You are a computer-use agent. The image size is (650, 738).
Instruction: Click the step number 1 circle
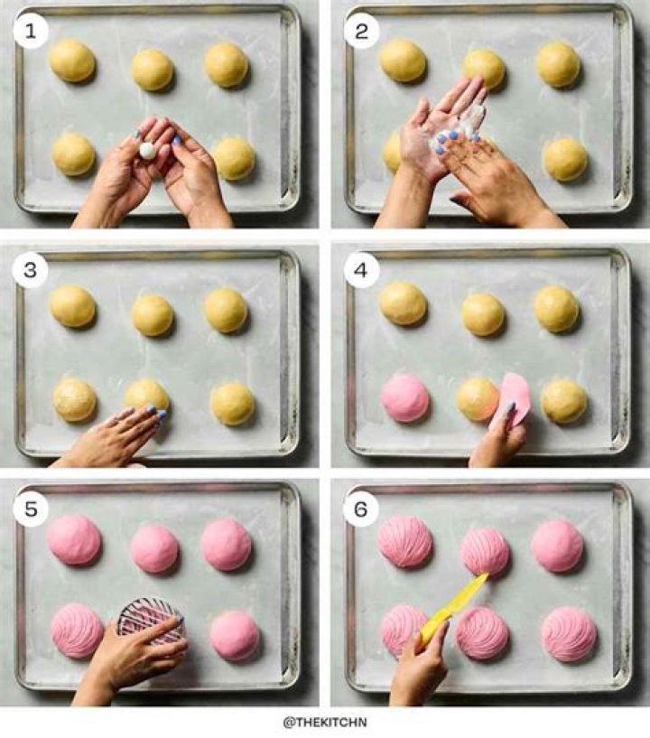point(31,31)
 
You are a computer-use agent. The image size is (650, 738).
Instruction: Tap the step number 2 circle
point(361,31)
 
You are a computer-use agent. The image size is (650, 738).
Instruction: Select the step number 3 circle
point(31,270)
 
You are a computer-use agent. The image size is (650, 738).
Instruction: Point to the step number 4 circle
point(361,270)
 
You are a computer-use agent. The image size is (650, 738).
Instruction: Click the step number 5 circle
point(31,509)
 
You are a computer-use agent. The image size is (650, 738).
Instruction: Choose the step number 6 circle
point(361,509)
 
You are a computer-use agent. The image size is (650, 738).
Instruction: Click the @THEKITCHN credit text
point(325,722)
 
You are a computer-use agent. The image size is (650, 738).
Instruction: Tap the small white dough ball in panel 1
point(147,150)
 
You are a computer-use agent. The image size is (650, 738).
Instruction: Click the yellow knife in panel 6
point(452,609)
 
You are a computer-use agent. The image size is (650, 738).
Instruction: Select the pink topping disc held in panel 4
point(515,399)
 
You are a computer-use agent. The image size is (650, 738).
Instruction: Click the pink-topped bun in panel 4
point(405,398)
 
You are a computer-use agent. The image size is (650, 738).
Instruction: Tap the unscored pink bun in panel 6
point(557,546)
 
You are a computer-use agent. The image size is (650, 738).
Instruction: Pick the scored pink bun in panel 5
point(77,631)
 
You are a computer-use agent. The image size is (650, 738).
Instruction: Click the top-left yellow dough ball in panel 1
point(72,61)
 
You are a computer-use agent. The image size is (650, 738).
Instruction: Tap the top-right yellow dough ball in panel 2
point(558,65)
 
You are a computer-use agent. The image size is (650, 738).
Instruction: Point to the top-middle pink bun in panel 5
point(154,549)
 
